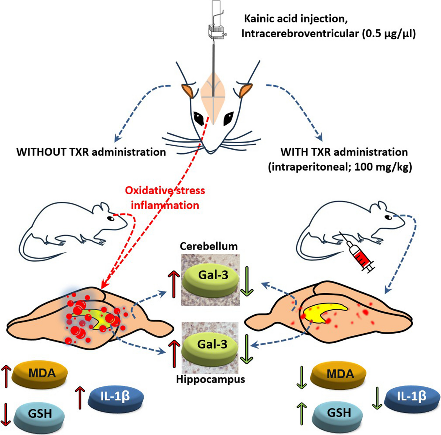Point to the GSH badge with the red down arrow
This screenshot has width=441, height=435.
(x=40, y=414)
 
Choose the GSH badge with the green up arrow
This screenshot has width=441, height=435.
(x=338, y=413)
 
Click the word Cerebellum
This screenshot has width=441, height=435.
(x=209, y=246)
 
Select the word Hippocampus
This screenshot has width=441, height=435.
(x=210, y=379)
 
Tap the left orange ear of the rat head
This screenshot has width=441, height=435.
(x=188, y=91)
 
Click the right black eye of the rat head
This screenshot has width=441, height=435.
(x=228, y=118)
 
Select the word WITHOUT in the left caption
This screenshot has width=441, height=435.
(x=41, y=152)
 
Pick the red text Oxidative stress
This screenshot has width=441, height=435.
(x=165, y=191)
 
